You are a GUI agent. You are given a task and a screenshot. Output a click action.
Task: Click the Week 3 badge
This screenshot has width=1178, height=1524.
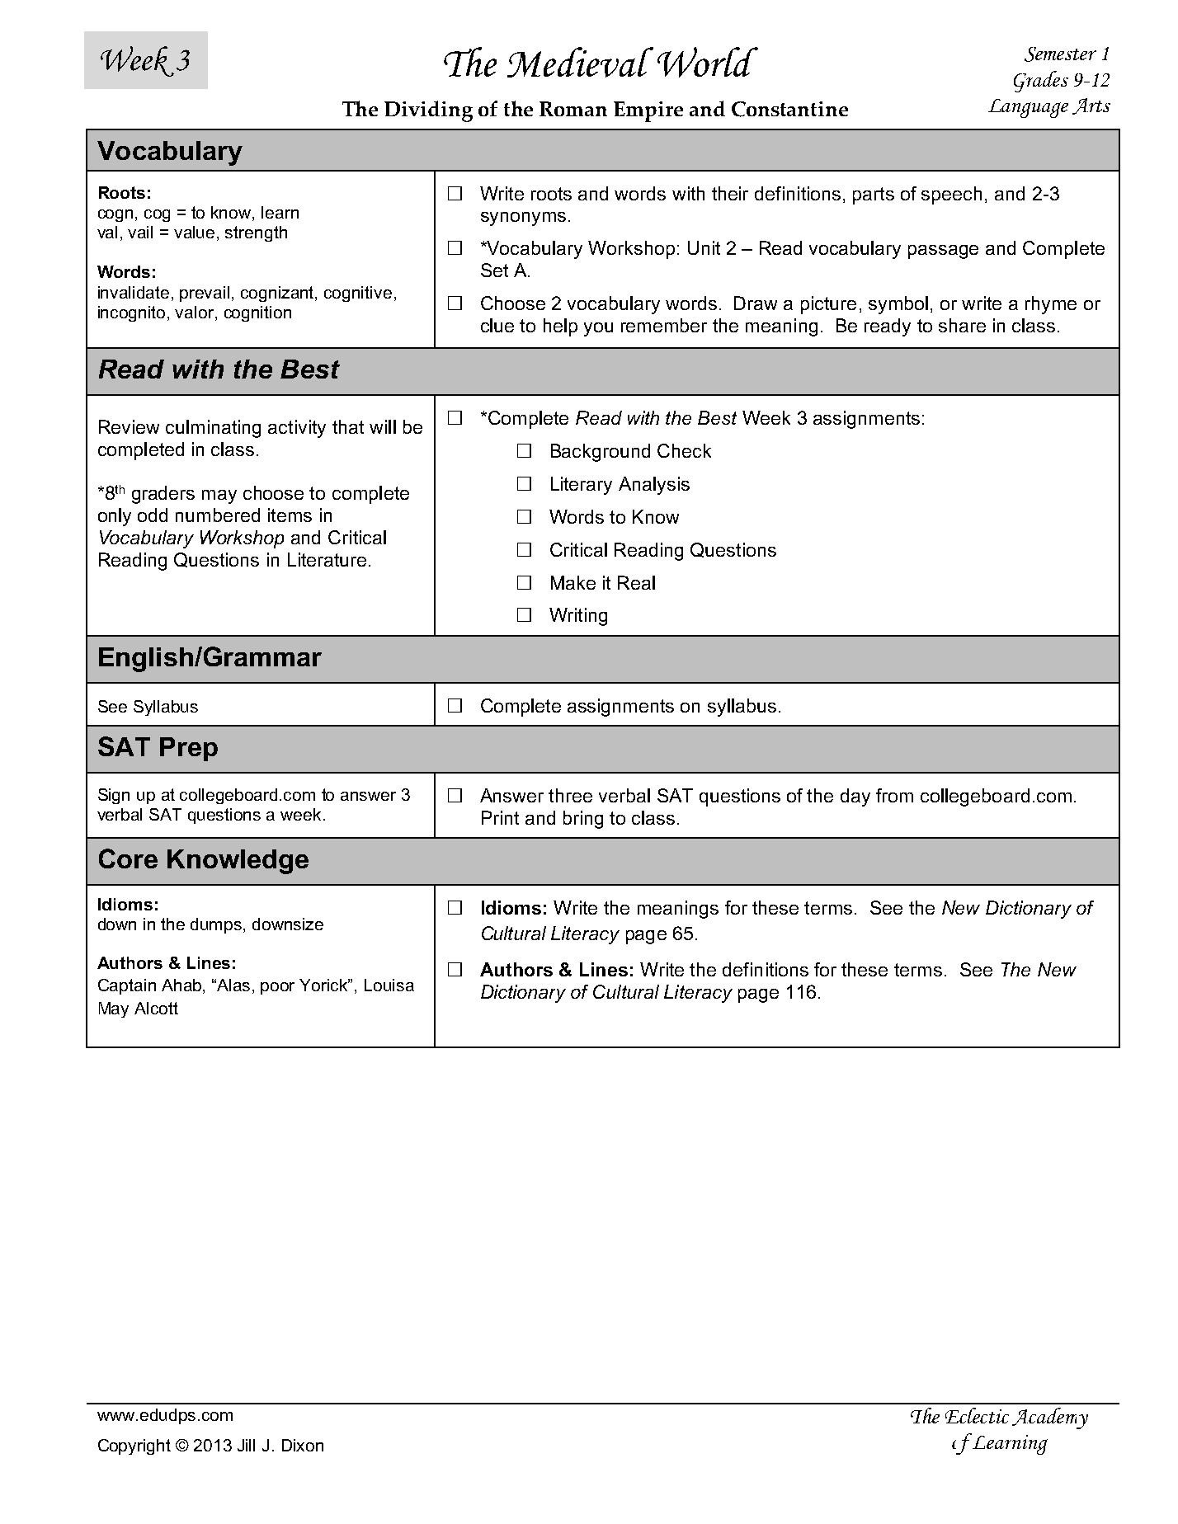pos(145,60)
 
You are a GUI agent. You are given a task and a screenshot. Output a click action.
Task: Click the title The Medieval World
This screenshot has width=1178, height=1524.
pos(597,64)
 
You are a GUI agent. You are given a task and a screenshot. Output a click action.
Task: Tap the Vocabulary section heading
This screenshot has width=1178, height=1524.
pos(170,151)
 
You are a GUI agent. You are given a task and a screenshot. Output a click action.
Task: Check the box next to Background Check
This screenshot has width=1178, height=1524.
pos(524,451)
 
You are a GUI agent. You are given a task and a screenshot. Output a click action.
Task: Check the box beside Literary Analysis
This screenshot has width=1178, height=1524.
pos(524,484)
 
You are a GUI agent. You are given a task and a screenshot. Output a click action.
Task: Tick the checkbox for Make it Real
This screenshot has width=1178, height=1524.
pos(524,583)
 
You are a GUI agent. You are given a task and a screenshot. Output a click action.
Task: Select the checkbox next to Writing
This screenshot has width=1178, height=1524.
pos(524,615)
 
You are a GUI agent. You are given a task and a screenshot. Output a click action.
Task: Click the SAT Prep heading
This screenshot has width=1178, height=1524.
pos(158,748)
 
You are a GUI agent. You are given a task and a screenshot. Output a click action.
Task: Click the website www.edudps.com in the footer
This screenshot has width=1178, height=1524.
pos(165,1415)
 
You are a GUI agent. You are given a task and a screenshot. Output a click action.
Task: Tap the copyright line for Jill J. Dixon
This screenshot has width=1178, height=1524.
pos(210,1446)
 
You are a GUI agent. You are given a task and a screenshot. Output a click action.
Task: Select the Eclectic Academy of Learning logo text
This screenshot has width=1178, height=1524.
pos(999,1429)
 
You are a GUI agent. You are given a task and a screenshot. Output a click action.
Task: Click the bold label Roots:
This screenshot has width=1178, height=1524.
pos(124,193)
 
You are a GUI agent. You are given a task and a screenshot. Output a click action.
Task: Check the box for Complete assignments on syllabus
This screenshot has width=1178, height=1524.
pos(455,706)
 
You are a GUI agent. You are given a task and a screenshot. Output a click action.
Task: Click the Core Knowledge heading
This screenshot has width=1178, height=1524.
pos(203,860)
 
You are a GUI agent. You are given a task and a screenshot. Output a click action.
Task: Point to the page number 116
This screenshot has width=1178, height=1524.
pos(801,993)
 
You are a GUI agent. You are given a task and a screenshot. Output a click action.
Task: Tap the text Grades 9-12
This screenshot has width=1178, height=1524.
pos(1061,80)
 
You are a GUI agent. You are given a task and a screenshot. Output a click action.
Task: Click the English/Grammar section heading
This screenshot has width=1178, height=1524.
pos(209,658)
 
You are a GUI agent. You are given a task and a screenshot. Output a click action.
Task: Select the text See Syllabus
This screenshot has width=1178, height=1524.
pos(148,707)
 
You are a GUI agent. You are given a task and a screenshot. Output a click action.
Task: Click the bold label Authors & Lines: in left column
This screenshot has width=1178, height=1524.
pos(167,963)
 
